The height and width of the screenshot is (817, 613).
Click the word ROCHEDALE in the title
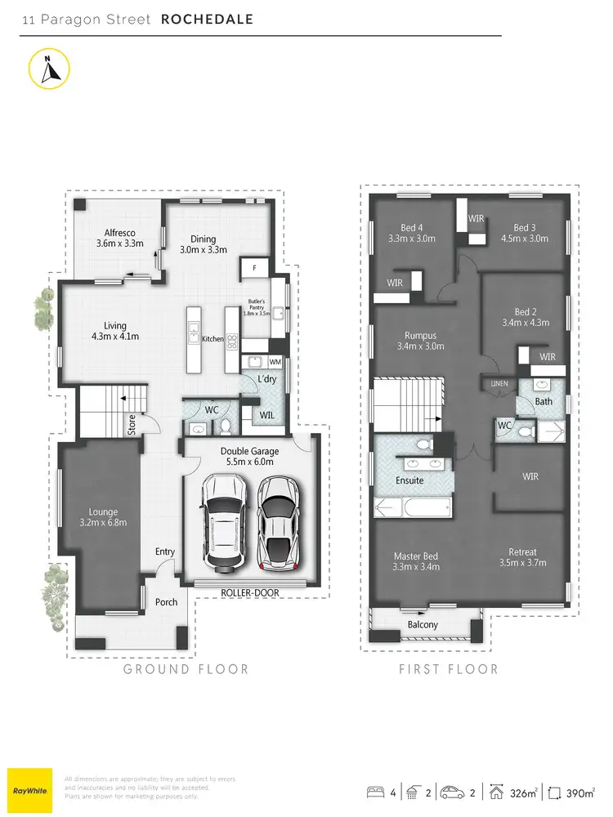pos(207,19)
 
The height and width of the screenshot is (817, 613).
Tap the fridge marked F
pos(253,267)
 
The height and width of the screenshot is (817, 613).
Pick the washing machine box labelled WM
pos(275,361)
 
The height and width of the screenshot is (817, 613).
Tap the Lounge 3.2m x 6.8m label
pos(96,517)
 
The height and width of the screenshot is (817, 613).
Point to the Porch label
pos(167,602)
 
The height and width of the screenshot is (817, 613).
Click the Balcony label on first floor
pos(423,625)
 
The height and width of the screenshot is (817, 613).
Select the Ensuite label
pos(409,480)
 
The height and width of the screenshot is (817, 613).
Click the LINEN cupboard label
pos(498,383)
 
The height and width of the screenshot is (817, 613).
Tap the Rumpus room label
pos(420,340)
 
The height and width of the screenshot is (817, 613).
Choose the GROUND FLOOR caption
pos(186,669)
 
